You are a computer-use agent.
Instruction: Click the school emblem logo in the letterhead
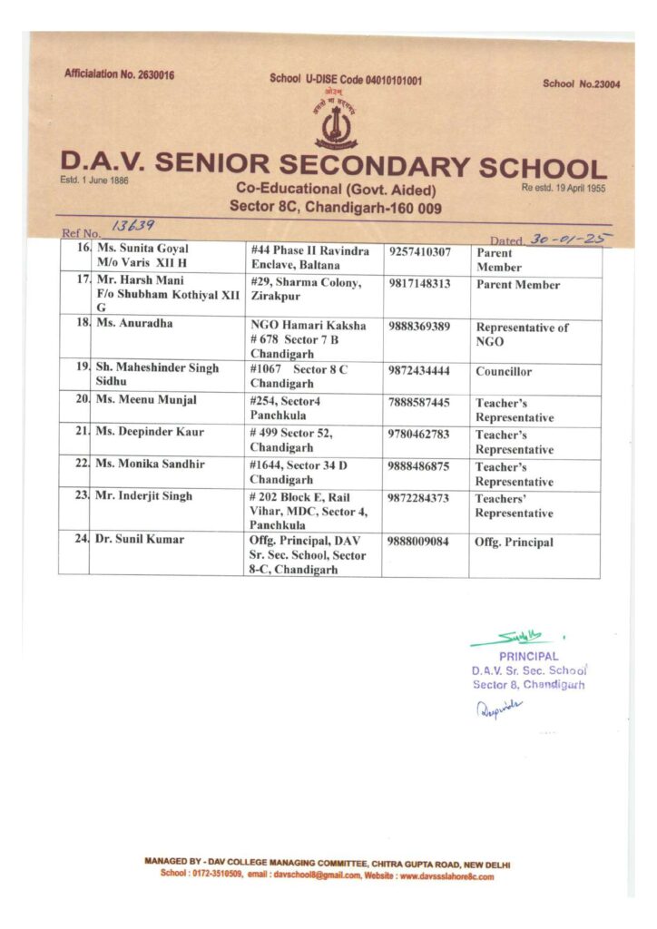(336, 124)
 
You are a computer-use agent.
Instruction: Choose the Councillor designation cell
(504, 372)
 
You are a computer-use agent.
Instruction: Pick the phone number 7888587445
(419, 401)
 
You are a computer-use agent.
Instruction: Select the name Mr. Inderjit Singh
(144, 496)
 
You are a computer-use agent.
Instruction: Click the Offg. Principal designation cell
(514, 543)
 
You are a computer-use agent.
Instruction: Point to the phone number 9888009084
(419, 540)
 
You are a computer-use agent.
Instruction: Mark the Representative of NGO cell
(522, 335)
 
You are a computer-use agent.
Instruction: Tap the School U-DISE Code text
(346, 80)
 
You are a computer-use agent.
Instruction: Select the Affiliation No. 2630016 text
(120, 73)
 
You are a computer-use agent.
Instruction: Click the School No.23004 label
(581, 84)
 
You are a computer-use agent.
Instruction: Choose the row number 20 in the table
(82, 400)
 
